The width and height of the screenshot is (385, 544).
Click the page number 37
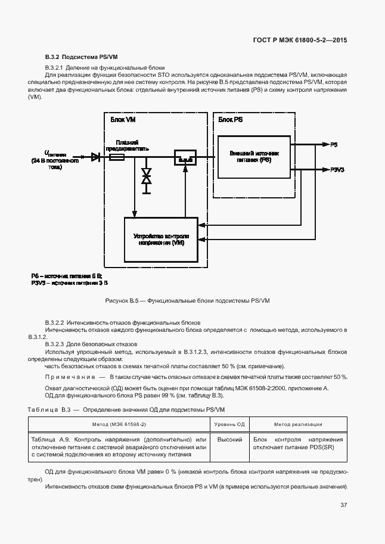tap(343, 505)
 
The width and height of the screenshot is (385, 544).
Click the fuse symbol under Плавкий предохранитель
tap(116, 157)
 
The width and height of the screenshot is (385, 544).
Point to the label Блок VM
tap(123, 120)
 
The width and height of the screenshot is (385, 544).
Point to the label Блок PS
tap(231, 120)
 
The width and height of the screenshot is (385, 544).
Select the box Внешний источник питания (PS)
tap(254, 157)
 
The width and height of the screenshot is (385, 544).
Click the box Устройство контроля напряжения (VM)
tap(161, 240)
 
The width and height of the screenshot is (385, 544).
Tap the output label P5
tap(334, 145)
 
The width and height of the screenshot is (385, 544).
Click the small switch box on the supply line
tap(185, 158)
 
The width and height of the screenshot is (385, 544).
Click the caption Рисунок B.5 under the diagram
tap(187, 301)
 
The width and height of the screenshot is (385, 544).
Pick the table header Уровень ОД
tap(229, 424)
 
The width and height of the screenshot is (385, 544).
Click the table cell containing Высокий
tap(229, 440)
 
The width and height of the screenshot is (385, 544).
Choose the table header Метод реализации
tap(298, 424)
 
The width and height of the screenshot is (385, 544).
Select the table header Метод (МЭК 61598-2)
tap(119, 424)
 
